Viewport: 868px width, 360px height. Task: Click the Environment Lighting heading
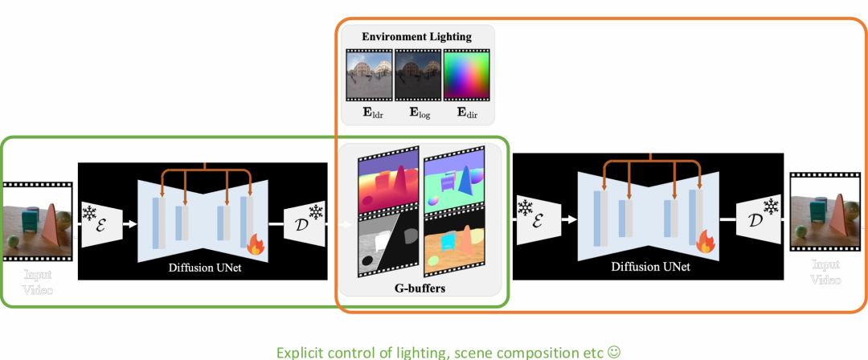point(416,36)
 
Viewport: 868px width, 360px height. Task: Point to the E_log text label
point(418,114)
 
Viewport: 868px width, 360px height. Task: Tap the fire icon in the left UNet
point(255,243)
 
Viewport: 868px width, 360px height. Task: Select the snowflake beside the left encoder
point(88,215)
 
